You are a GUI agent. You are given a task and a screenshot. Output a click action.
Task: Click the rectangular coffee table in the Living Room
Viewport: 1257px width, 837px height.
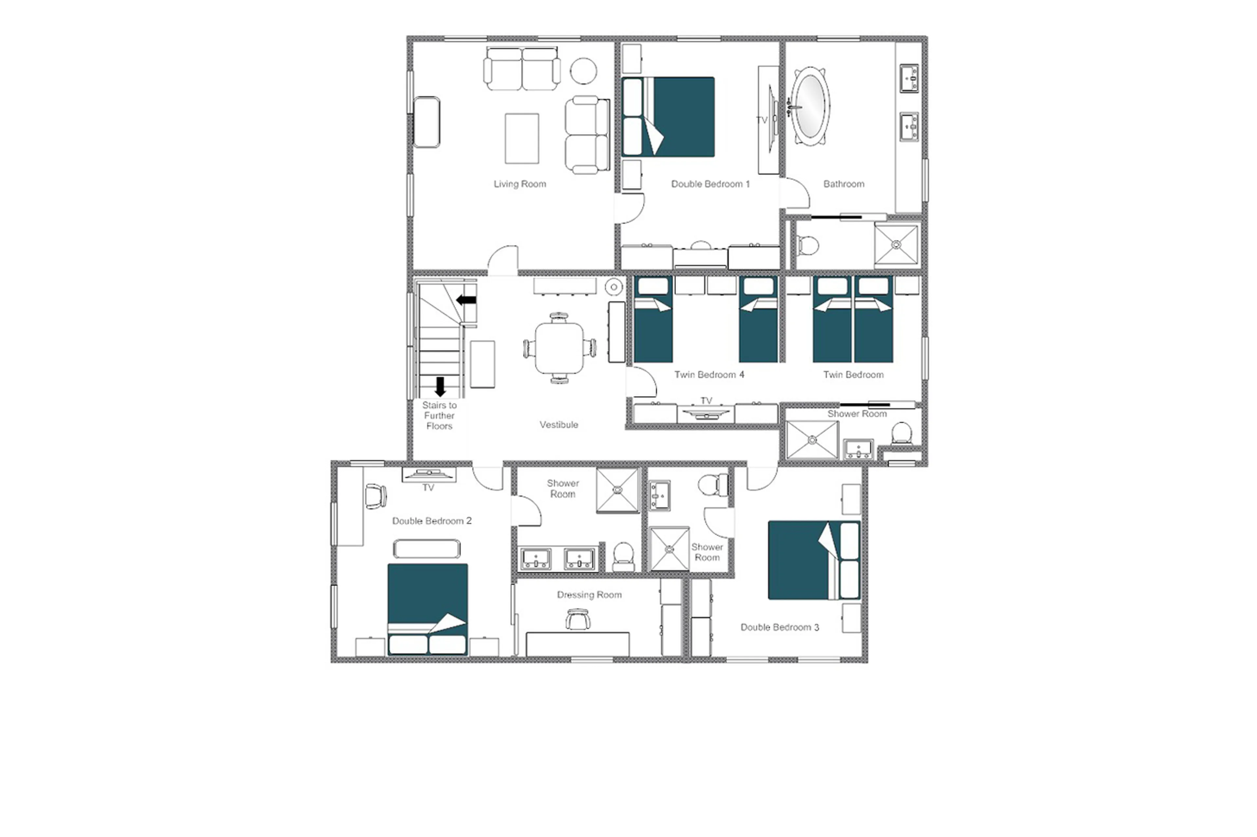click(x=521, y=138)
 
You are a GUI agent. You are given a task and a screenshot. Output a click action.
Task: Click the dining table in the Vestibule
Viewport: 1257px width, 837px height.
click(x=559, y=348)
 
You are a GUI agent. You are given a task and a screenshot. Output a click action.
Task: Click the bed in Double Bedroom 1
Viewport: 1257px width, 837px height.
click(x=668, y=117)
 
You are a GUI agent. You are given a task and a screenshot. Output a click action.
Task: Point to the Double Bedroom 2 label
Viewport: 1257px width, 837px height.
click(x=432, y=521)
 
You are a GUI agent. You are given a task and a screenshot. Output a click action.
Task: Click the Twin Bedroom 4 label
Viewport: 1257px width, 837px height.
click(x=709, y=375)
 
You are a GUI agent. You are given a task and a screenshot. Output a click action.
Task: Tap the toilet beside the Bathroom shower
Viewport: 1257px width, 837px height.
click(x=808, y=246)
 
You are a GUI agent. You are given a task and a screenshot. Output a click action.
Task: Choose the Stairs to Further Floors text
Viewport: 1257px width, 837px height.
click(x=439, y=415)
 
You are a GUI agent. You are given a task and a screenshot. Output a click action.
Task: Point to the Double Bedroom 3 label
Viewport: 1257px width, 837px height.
click(x=779, y=627)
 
